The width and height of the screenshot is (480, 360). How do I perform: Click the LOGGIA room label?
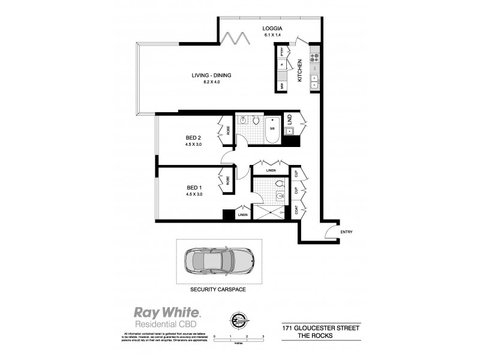[x=272, y=28]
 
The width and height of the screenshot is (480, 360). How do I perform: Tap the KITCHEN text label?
[x=301, y=71]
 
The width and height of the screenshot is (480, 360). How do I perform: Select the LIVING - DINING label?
[x=211, y=75]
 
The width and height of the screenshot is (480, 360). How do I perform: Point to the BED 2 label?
[x=194, y=137]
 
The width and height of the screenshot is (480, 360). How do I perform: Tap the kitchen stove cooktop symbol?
[x=313, y=58]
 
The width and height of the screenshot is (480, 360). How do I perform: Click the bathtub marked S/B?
[x=272, y=129]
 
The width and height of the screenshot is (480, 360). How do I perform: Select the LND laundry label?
[x=289, y=118]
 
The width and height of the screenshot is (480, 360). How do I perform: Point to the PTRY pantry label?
[x=282, y=51]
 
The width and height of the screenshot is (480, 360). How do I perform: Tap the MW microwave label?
[x=282, y=86]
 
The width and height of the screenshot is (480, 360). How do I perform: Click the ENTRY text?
[x=347, y=232]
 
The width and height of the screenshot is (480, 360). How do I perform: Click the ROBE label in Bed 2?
[x=228, y=129]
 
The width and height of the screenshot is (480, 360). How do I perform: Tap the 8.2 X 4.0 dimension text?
[x=211, y=82]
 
